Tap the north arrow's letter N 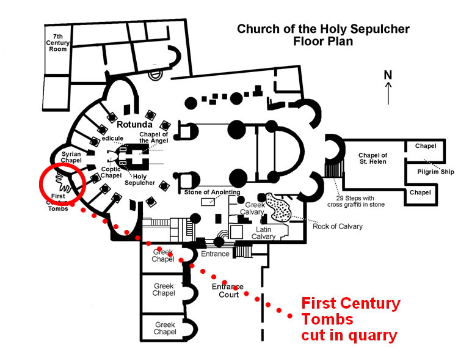coord(387,75)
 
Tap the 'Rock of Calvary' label coord(337,227)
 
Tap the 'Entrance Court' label coord(227,290)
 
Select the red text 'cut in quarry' coord(349,335)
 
